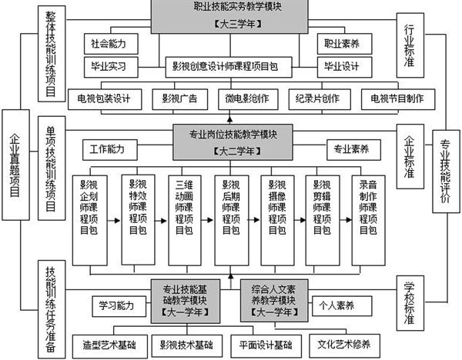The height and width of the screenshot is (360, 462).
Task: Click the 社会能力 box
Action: point(111,44)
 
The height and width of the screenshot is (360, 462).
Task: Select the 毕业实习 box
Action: point(111,67)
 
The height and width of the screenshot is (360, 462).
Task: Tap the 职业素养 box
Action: point(344,44)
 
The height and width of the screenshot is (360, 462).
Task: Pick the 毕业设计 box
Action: point(344,67)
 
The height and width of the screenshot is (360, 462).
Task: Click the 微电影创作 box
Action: point(248,99)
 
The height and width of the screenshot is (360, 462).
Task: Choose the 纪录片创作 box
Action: point(320,99)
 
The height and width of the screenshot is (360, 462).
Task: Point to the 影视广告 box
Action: point(179,99)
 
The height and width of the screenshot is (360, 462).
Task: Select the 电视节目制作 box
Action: point(398,99)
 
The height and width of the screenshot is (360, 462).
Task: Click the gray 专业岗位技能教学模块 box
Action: point(233,142)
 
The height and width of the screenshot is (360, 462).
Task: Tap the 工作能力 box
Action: point(110,150)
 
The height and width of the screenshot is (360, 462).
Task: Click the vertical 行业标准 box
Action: point(410,45)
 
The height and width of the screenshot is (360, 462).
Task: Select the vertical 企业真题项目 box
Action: point(15,165)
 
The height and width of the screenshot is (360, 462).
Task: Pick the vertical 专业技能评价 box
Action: point(446,172)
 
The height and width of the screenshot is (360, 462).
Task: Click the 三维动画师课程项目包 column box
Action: point(185,220)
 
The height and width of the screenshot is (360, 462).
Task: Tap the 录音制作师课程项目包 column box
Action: point(369,220)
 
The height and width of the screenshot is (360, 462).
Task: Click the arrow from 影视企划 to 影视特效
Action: point(114,220)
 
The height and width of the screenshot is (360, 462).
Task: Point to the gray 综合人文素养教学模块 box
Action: point(274,301)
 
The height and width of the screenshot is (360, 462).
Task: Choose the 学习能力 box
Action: point(119,306)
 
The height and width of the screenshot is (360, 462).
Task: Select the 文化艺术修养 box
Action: point(344,345)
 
